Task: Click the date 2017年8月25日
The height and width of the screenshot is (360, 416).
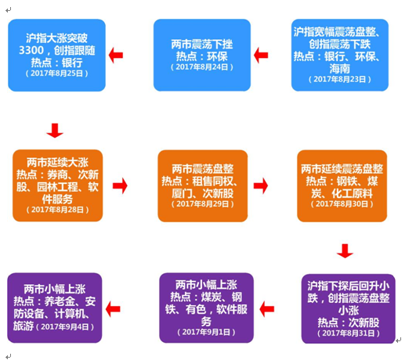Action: click(56, 74)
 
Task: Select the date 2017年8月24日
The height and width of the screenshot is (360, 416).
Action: click(202, 67)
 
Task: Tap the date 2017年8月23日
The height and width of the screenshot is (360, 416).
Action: click(340, 79)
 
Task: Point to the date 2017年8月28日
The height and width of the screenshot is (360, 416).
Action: click(57, 210)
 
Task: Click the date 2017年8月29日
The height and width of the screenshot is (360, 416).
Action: click(203, 203)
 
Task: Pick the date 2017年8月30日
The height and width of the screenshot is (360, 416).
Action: click(342, 203)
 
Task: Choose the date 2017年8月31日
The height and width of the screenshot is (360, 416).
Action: click(349, 333)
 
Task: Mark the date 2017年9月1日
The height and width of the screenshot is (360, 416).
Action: click(206, 332)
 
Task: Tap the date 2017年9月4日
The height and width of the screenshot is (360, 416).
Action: click(65, 327)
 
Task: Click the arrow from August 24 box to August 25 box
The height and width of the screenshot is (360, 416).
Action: click(116, 55)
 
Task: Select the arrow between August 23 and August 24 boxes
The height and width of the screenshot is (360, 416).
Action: click(261, 55)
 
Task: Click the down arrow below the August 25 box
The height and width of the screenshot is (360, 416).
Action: click(55, 131)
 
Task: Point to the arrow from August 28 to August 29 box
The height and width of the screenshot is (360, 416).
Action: click(120, 185)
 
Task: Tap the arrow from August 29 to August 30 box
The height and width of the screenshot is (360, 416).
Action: click(261, 185)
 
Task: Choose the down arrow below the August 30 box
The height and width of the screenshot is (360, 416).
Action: click(345, 250)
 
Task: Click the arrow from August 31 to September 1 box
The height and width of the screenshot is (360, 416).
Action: click(266, 309)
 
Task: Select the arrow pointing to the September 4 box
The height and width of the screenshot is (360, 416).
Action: click(113, 309)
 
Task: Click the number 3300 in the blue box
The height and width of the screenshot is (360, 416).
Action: click(31, 50)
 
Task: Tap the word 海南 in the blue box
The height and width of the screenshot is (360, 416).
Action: click(339, 69)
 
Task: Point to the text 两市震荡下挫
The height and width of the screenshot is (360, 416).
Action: click(202, 44)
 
